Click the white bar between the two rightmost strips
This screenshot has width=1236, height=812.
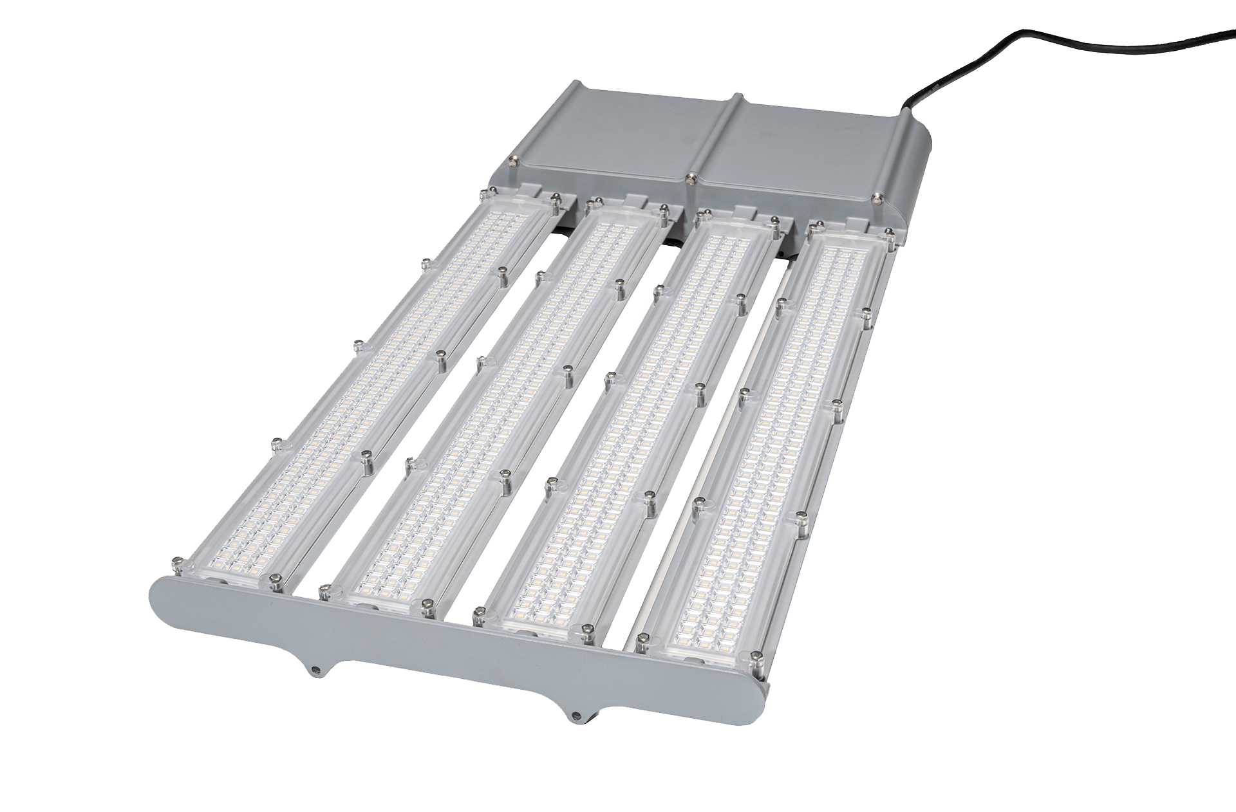click(x=715, y=450)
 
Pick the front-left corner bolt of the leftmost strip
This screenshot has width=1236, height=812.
click(x=176, y=566)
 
